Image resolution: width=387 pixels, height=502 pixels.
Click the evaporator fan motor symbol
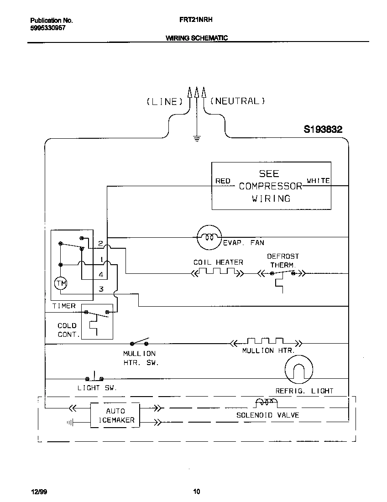click(209, 237)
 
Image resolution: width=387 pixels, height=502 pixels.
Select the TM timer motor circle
click(61, 284)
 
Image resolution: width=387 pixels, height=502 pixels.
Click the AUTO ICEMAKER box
click(115, 415)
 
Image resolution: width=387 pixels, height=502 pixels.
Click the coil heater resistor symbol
click(218, 273)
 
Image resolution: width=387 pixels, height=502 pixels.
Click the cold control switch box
click(97, 321)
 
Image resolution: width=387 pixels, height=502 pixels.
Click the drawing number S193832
click(323, 130)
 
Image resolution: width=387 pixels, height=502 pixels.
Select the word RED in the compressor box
click(223, 181)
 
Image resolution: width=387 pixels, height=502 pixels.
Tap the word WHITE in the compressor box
click(318, 181)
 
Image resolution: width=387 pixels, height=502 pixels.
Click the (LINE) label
click(164, 101)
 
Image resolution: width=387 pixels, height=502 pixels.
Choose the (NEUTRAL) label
click(237, 101)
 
